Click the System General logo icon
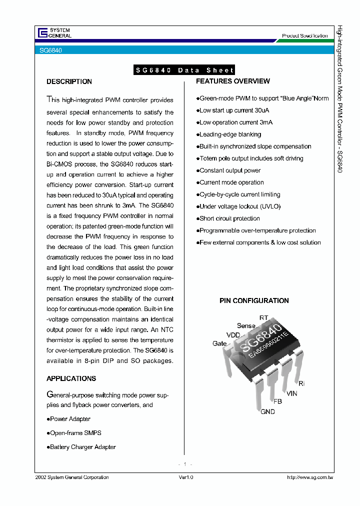point(42,33)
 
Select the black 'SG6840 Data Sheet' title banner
point(184,70)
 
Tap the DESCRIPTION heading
point(69,81)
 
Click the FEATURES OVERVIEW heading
point(232,81)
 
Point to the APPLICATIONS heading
point(71,378)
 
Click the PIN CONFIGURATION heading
point(254,300)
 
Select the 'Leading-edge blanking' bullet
point(230,134)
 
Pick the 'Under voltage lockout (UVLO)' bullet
point(239,206)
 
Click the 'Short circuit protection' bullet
point(229,218)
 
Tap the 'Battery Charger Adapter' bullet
point(82,447)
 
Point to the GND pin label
point(267,411)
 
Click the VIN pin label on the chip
point(292,393)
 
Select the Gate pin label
point(219,343)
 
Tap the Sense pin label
point(246,325)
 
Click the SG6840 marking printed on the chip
point(259,338)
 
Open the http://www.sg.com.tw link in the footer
point(310,477)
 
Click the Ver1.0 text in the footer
point(185,477)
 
